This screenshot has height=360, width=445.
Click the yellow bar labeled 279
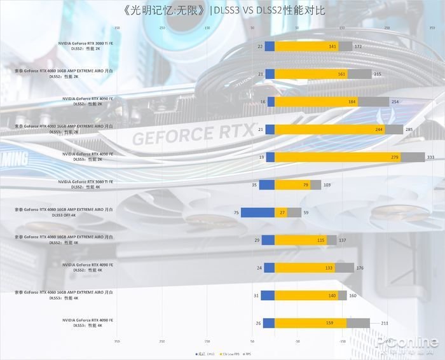tap(338, 157)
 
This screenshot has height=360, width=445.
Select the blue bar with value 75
tap(257, 213)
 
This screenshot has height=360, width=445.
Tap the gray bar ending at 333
tap(413, 157)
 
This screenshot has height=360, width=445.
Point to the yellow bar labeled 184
tap(316, 102)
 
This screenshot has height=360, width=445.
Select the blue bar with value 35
tap(266, 185)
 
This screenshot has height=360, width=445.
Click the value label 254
tap(395, 102)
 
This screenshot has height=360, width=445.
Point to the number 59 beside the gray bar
tap(306, 213)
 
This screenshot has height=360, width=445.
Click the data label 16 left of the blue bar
tap(263, 102)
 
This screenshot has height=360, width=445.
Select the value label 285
tap(409, 130)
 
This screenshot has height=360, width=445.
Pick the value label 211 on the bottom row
tap(376, 323)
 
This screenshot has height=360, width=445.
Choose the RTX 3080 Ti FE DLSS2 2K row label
tap(85, 45)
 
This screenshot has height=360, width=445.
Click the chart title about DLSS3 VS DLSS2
tap(222, 11)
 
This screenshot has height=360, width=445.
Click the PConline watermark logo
tap(415, 344)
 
